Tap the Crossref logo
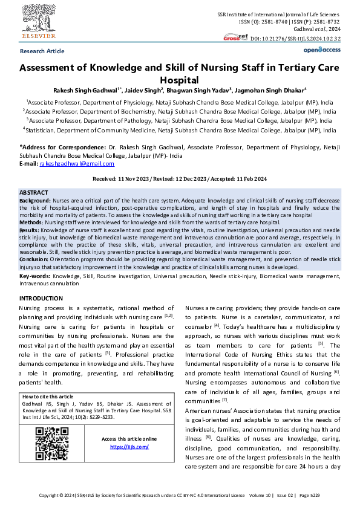(x=235, y=37)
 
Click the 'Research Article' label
(x=42, y=51)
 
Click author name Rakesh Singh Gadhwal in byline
(x=86, y=90)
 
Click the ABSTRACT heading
(x=34, y=192)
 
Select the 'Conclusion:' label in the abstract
(x=36, y=259)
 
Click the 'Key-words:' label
(x=34, y=275)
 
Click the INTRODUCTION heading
(x=45, y=299)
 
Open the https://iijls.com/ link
(x=129, y=447)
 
